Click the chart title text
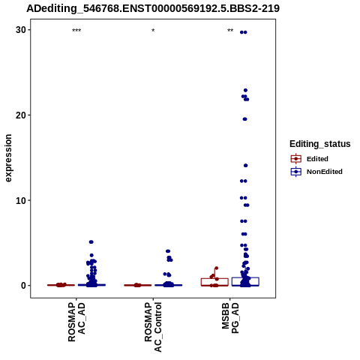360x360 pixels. [153, 8]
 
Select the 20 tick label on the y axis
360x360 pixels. [21, 115]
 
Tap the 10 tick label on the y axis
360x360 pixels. [21, 200]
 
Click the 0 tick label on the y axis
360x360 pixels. [23, 286]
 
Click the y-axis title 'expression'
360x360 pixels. [8, 158]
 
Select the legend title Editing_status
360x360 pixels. [320, 144]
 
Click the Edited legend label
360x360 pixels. [317, 159]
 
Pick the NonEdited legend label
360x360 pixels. [325, 172]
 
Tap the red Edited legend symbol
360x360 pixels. [296, 159]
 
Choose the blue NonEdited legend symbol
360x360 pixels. [296, 172]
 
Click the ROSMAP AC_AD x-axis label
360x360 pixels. [76, 322]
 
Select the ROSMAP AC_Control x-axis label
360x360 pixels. [153, 327]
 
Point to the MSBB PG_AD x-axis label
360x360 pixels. [230, 318]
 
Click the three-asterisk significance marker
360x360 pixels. [76, 31]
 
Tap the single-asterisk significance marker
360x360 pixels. [153, 31]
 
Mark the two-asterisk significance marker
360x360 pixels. [230, 31]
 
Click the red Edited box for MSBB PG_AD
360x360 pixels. [214, 282]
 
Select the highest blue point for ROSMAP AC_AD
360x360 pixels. [91, 242]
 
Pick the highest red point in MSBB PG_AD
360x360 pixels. [217, 268]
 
